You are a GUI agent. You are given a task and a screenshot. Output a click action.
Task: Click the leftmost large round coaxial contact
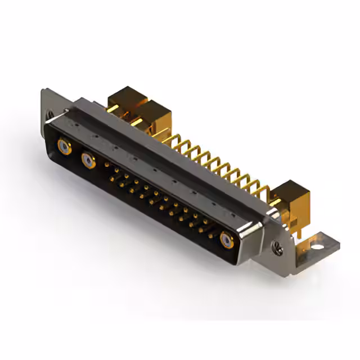[64, 148]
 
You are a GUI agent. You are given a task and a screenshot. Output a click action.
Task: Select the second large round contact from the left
[88, 162]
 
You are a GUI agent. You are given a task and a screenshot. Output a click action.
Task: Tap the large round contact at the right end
[227, 240]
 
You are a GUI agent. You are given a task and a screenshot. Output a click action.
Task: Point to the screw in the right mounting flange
[276, 245]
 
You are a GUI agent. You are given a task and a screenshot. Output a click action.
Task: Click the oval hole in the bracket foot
[318, 246]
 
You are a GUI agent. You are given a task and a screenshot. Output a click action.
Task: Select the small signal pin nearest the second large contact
[107, 165]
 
